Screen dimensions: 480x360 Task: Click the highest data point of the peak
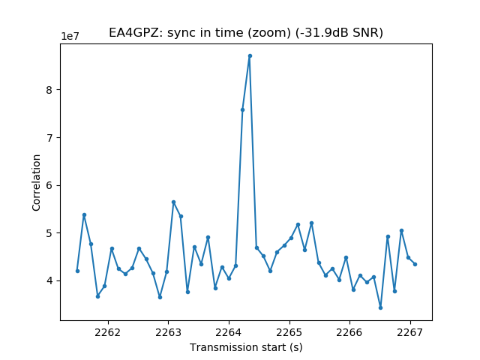[x=250, y=56]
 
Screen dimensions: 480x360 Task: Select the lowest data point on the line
[x=380, y=307]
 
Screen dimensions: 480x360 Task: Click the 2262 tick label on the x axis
[x=108, y=332]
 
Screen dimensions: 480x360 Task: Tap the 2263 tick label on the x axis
[x=168, y=332]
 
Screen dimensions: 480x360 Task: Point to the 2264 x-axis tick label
[x=229, y=332]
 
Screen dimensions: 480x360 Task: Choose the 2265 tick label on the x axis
[x=289, y=332]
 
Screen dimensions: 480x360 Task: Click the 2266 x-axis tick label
[x=349, y=332]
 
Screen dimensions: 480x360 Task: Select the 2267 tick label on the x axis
[x=410, y=332]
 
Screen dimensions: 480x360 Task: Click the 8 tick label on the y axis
[x=49, y=90]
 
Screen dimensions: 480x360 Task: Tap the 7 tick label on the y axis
[x=49, y=138]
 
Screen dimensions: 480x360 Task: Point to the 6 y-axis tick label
[x=49, y=185]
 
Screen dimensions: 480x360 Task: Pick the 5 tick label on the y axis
[x=49, y=233]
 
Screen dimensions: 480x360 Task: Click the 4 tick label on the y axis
[x=49, y=281]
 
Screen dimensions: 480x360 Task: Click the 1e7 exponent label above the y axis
[x=70, y=36]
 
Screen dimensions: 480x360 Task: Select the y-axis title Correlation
[x=36, y=183]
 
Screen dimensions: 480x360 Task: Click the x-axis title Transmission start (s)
[x=246, y=347]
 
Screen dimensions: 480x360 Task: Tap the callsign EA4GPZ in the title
[x=136, y=32]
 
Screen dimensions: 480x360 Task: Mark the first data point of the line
[x=77, y=271]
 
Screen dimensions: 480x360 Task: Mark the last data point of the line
[x=415, y=264]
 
